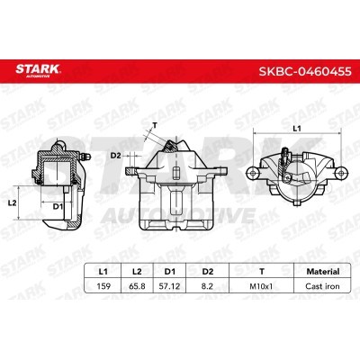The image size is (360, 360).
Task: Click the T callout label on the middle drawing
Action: (x=155, y=125)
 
